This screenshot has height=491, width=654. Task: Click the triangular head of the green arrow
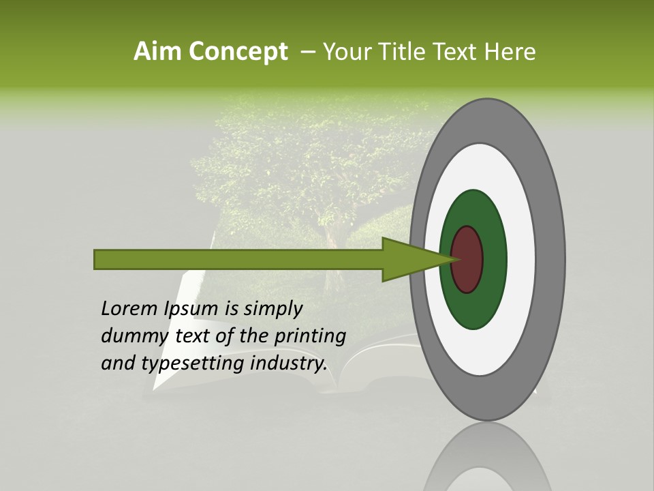pos(409,260)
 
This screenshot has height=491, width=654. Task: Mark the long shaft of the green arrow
pos(238,260)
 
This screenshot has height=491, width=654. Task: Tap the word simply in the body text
pos(272,309)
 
